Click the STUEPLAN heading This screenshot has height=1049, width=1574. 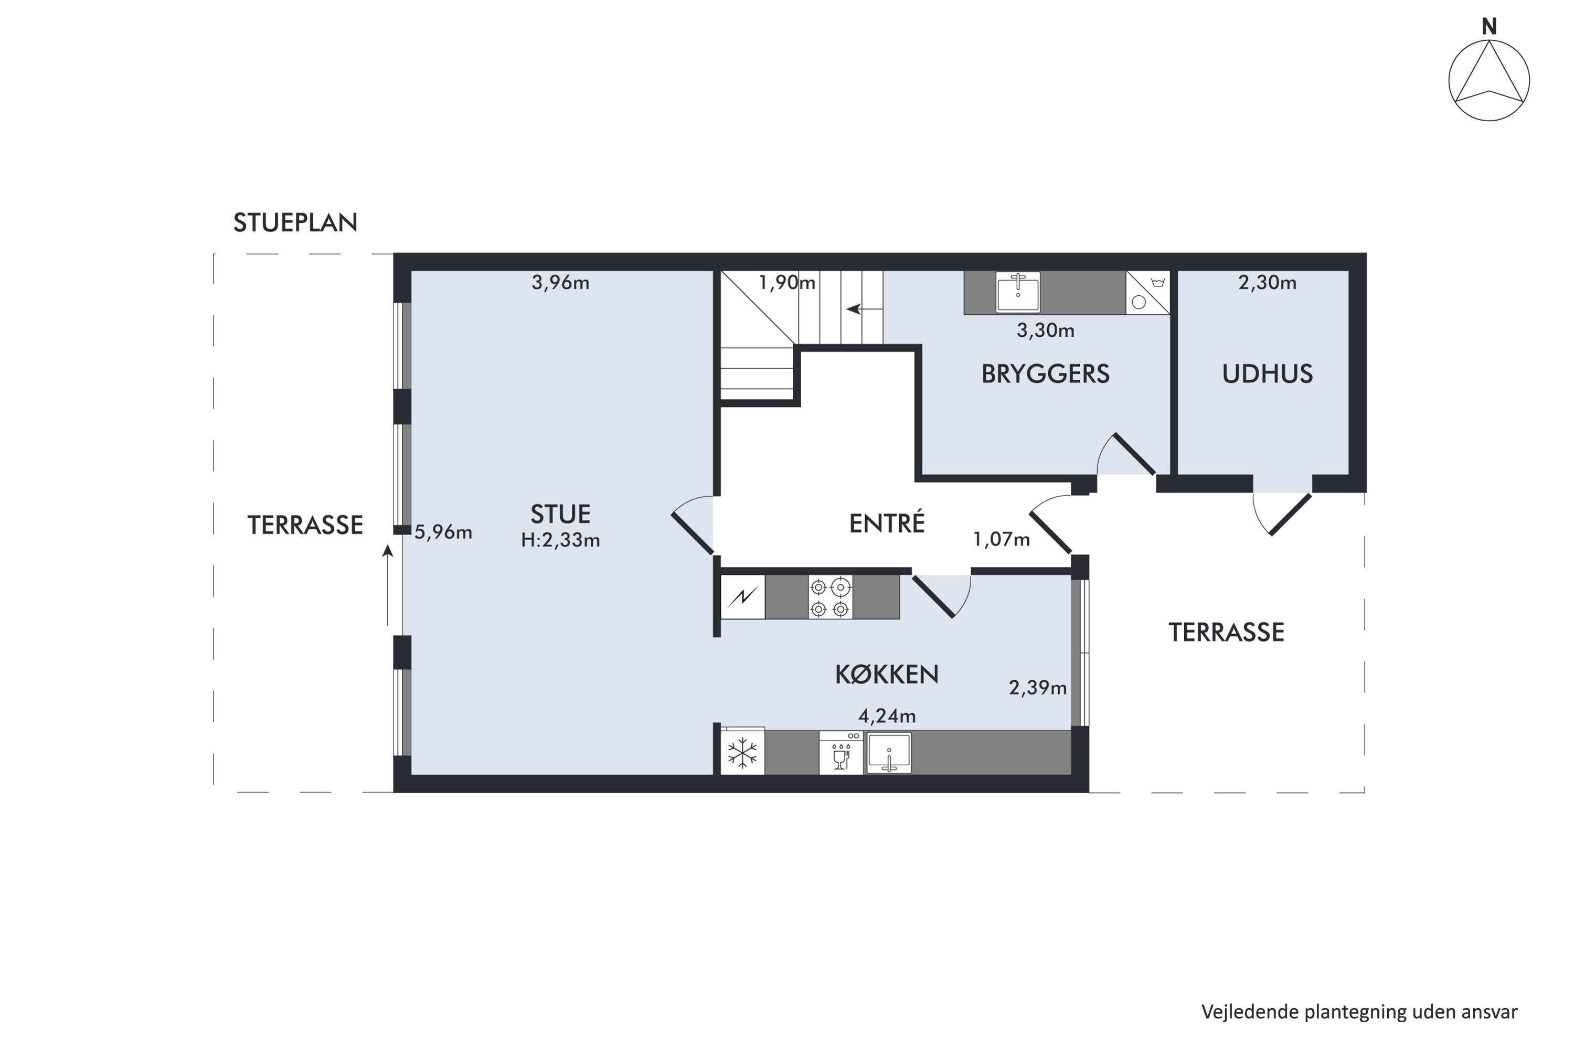(295, 223)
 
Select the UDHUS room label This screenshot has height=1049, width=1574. (1268, 374)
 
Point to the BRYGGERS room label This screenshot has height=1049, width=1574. (1045, 374)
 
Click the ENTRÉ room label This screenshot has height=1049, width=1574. (887, 522)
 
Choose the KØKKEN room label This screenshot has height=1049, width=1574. (887, 675)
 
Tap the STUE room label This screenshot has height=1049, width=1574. (560, 514)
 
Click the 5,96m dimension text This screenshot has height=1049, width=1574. (443, 532)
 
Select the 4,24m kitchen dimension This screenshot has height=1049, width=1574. (887, 716)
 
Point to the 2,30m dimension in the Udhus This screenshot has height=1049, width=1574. (1267, 283)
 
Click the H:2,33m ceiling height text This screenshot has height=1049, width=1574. (560, 540)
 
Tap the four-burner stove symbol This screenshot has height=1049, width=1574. (830, 597)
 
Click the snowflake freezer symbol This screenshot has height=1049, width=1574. (742, 752)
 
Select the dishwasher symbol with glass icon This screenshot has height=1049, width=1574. (841, 753)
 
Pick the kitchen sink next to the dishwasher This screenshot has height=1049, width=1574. (889, 753)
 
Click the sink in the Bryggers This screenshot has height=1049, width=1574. (1018, 292)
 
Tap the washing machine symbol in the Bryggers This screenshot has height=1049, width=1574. (1148, 292)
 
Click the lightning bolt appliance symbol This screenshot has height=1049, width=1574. (742, 597)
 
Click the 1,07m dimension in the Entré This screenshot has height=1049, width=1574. (1001, 539)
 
